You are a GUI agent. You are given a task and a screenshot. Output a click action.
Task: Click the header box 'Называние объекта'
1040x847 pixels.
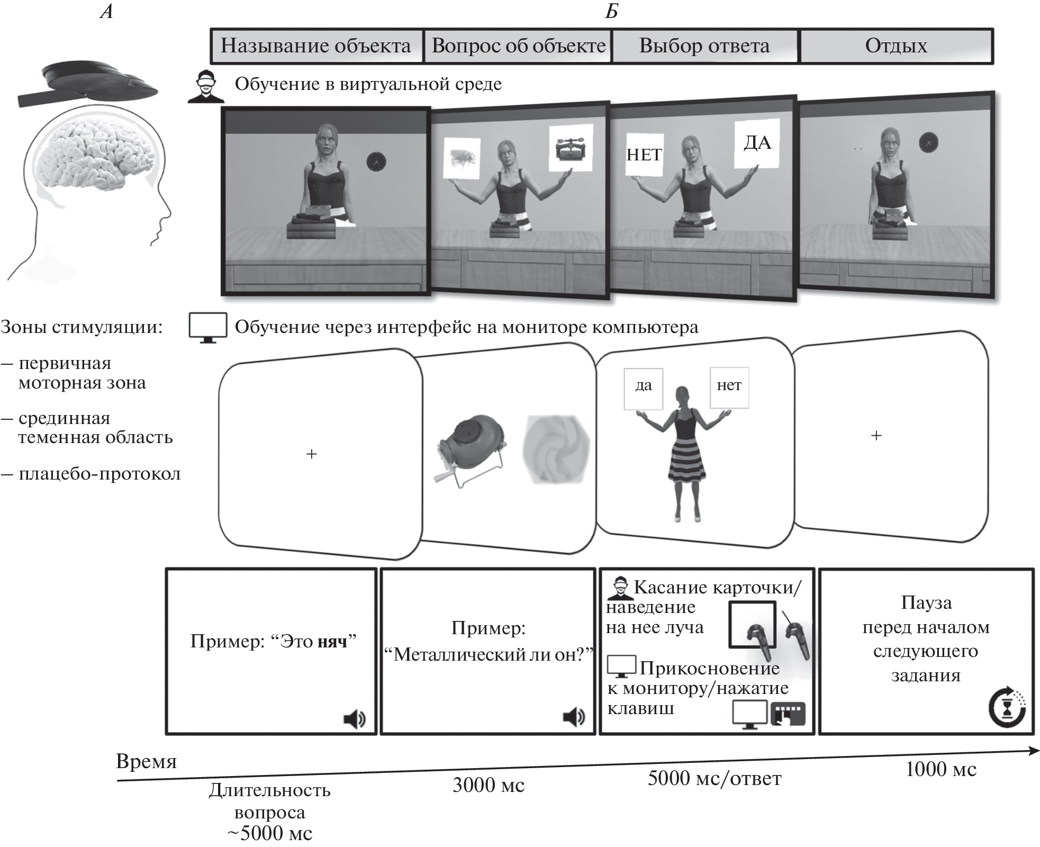[316, 46]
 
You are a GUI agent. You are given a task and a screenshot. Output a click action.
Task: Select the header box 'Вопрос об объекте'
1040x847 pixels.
[518, 46]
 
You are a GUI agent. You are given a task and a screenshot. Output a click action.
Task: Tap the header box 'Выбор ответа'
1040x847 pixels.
[704, 46]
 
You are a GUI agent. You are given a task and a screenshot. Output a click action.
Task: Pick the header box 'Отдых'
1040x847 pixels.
[896, 46]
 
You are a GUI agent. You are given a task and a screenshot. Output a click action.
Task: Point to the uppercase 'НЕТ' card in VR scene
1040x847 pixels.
[644, 155]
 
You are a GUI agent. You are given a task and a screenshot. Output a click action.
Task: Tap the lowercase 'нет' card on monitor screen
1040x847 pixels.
[729, 386]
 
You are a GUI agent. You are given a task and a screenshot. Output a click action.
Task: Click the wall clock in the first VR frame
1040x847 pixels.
[376, 161]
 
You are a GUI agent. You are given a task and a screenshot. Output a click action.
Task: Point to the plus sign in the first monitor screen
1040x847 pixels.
[312, 454]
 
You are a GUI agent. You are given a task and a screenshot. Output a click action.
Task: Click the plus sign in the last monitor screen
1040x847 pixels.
[876, 436]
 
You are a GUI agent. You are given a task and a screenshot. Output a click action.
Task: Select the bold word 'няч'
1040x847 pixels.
[332, 642]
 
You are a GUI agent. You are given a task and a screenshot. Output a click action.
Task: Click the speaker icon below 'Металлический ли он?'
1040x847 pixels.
[574, 717]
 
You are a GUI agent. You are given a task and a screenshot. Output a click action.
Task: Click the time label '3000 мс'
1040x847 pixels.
[488, 785]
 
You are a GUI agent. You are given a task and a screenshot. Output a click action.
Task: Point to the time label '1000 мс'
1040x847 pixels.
[940, 769]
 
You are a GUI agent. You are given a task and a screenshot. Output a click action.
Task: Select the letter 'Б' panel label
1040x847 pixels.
[611, 11]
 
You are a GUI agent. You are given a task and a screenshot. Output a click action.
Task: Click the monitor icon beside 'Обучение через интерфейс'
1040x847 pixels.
[208, 327]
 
